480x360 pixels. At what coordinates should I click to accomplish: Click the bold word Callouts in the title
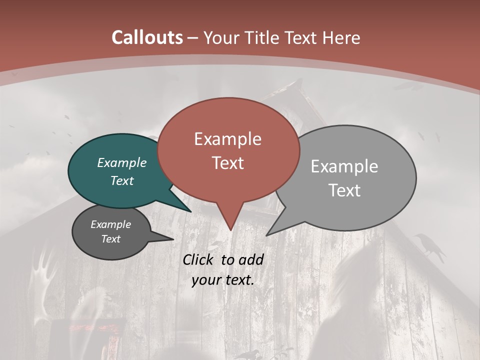[x=147, y=37]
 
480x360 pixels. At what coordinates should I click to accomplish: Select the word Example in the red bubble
[x=227, y=139]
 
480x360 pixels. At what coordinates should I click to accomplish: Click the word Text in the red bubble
[x=227, y=163]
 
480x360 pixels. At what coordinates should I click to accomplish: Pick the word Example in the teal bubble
[x=122, y=163]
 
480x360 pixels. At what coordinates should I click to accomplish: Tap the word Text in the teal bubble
[x=122, y=180]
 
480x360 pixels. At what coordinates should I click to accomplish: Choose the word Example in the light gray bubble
[x=344, y=166]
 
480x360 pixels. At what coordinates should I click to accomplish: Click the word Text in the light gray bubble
[x=344, y=190]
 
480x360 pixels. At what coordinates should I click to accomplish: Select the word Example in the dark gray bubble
[x=111, y=224]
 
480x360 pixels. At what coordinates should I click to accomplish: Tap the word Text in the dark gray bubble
[x=111, y=239]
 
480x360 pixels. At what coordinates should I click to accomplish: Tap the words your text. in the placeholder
[x=223, y=280]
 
